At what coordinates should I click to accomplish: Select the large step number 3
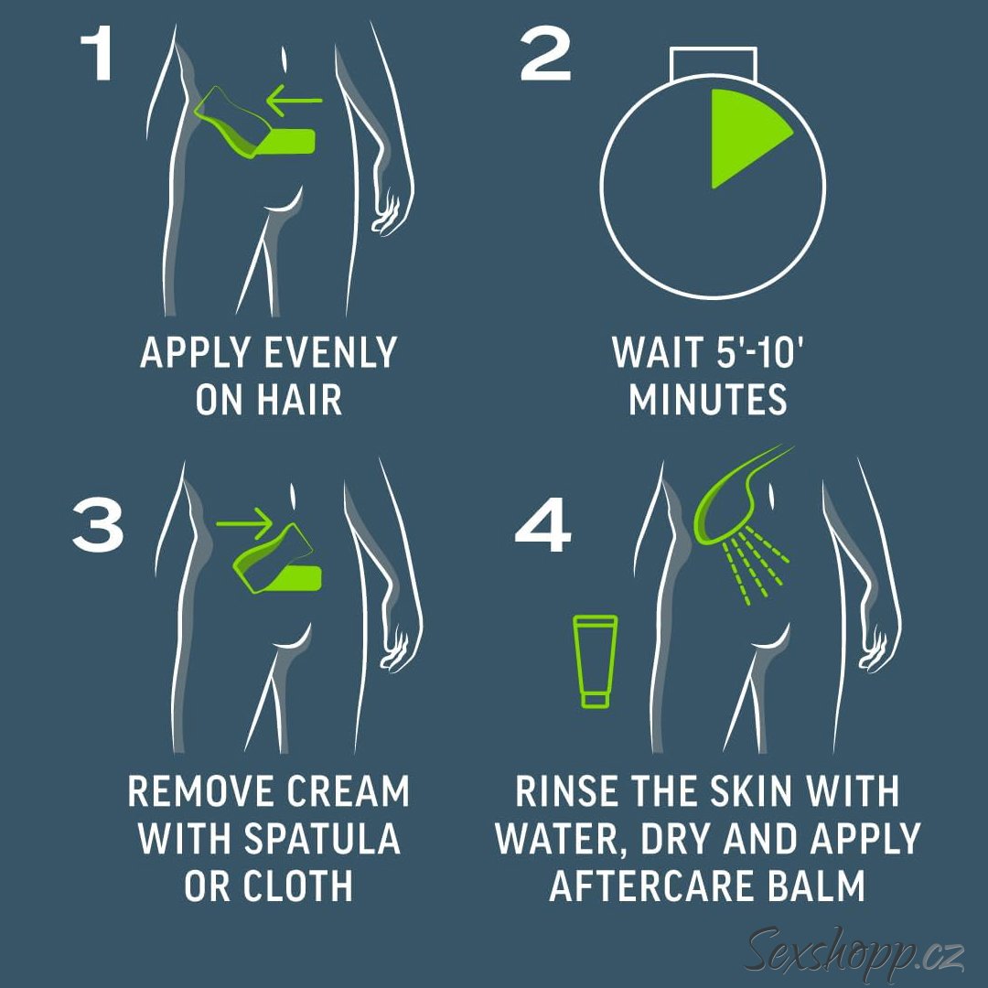click(98, 525)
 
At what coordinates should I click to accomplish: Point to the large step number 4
click(542, 525)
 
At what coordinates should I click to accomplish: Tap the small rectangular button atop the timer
click(714, 62)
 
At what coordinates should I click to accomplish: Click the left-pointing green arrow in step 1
click(294, 100)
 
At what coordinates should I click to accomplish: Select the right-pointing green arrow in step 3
click(244, 523)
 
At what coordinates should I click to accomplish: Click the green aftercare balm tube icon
click(595, 661)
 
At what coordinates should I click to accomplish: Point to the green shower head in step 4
click(744, 498)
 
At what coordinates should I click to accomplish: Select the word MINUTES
click(707, 400)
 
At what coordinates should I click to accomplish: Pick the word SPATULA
click(322, 839)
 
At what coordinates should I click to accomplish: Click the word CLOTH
click(297, 886)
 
